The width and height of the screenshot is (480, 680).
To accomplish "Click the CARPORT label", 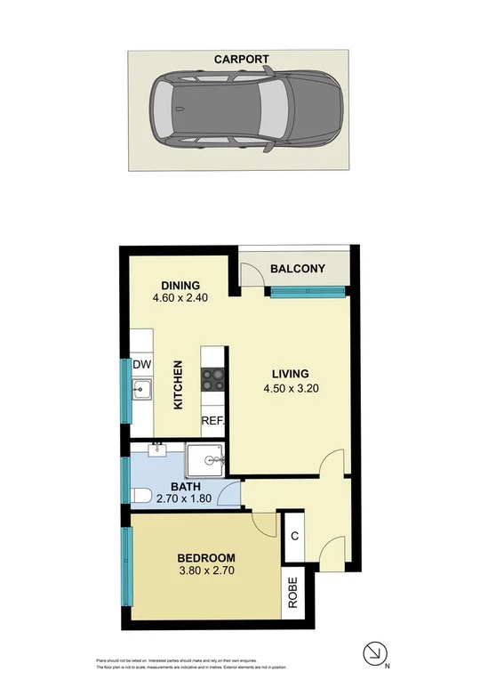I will [241, 60].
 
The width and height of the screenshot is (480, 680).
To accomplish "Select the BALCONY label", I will [298, 269].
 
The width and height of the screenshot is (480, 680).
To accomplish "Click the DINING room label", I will [180, 285].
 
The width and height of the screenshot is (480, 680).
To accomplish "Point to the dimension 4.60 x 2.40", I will [180, 299].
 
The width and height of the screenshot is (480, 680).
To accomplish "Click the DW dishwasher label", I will [142, 364].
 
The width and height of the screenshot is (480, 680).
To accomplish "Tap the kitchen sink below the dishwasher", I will [142, 390].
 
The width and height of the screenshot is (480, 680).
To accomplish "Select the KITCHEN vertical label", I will [178, 385].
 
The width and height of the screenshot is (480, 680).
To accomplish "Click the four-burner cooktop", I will [213, 380].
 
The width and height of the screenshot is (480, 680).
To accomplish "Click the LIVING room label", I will [290, 374].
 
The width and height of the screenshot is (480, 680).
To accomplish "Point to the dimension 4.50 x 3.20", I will [290, 388].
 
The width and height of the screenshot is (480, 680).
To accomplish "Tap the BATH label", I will [185, 486].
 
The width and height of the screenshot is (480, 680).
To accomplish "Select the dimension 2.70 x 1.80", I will [185, 499].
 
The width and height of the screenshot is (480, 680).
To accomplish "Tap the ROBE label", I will [292, 593].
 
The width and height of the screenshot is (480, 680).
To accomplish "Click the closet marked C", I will [295, 536].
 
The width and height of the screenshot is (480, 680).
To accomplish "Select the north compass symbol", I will [376, 654].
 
